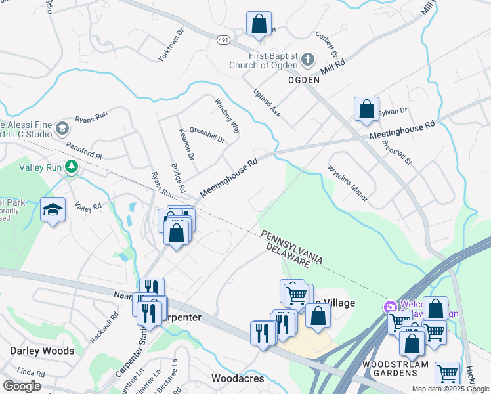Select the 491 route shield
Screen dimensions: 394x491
[x=223, y=40]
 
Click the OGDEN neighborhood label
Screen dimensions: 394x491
[x=304, y=79]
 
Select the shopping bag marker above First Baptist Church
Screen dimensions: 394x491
[x=259, y=24]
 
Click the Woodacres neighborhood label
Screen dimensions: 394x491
[x=238, y=378]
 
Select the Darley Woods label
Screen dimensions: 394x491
[x=42, y=351]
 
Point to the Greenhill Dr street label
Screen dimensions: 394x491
[x=207, y=135]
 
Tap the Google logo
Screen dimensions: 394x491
[x=22, y=386]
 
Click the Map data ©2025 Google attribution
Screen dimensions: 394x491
[x=450, y=389]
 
